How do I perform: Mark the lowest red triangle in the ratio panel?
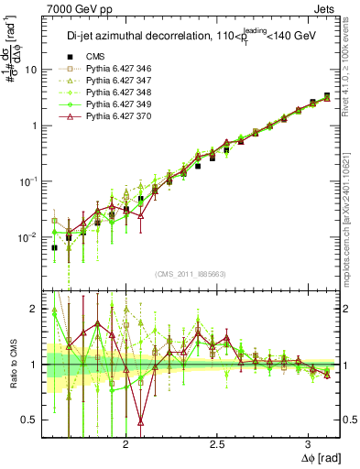[140, 421]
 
